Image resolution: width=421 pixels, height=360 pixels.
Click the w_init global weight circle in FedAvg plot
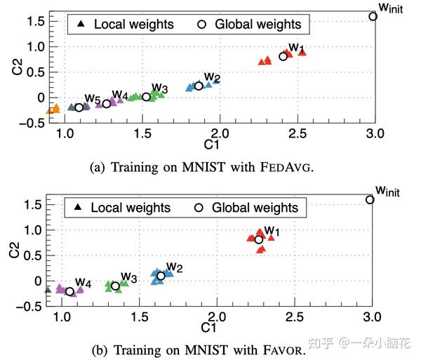coord(373,16)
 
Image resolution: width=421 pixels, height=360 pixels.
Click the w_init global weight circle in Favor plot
coord(370,199)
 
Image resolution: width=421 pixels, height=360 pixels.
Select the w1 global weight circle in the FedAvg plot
coord(283,56)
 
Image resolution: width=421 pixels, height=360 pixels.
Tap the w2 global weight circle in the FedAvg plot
coord(199,86)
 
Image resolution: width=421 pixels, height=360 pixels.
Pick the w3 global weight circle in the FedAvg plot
coord(146,97)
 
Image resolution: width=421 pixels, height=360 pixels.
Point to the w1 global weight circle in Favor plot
coord(259,239)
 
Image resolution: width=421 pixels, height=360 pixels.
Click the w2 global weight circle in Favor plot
coord(161,276)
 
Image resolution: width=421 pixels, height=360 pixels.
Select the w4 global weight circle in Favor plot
coord(69,291)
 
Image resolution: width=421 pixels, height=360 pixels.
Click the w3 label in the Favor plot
coord(128,276)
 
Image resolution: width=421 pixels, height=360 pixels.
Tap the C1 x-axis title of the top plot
coord(218,144)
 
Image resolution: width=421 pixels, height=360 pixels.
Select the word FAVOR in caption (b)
coord(285,348)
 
